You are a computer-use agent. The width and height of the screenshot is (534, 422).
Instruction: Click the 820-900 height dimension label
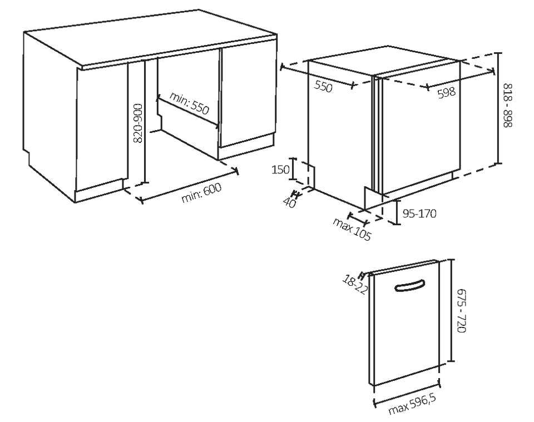click(x=137, y=123)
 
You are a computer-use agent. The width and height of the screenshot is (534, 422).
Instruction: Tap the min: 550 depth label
click(x=189, y=103)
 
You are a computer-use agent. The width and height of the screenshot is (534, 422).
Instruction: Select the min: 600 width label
click(x=201, y=192)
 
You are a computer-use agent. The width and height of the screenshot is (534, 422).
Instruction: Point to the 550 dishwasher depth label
click(x=323, y=87)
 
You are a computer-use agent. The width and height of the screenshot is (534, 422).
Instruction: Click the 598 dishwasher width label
click(x=447, y=92)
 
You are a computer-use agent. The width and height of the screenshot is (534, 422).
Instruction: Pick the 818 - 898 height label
click(x=508, y=106)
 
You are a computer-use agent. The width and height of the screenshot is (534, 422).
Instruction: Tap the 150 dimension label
click(x=280, y=169)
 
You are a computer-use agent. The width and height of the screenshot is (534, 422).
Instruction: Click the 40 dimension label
click(x=289, y=203)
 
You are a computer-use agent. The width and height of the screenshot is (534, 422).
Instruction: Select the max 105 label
click(x=352, y=230)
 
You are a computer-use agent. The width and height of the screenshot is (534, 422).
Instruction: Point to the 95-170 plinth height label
click(x=419, y=214)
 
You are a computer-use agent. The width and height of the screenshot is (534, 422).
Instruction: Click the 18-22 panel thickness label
click(x=355, y=285)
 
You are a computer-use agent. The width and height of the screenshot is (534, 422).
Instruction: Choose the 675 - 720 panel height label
click(x=461, y=310)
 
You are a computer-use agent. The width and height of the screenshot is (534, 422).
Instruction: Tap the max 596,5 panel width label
click(x=412, y=405)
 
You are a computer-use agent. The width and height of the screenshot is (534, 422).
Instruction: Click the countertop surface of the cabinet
click(x=150, y=37)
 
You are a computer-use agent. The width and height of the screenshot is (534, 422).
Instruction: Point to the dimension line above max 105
click(x=357, y=219)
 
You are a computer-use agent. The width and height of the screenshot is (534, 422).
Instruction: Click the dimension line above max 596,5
click(x=407, y=394)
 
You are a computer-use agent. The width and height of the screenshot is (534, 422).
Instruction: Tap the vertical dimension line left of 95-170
click(x=397, y=212)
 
